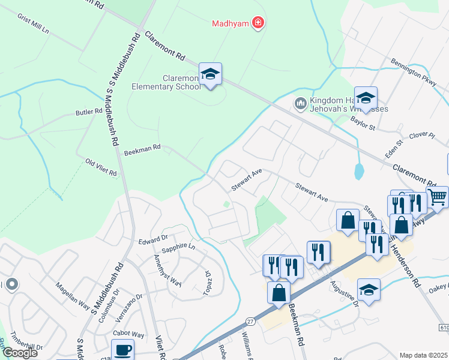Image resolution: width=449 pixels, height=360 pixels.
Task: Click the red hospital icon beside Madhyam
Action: click(259, 23)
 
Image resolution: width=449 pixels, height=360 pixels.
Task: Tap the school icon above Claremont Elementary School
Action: click(210, 74)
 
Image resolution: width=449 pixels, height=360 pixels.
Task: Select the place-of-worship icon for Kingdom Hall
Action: click(300, 104)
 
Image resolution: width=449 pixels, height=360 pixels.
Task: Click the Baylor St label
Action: click(363, 127)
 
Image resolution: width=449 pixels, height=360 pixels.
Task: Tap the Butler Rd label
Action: click(89, 112)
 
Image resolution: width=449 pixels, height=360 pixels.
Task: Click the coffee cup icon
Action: click(123, 350)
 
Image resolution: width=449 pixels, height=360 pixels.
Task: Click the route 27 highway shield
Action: click(251, 322)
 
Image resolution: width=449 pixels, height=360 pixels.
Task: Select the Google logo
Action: click(20, 353)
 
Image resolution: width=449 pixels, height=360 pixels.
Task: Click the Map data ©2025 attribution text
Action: click(424, 355)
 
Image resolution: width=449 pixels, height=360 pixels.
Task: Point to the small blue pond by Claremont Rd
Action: click(359, 172)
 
